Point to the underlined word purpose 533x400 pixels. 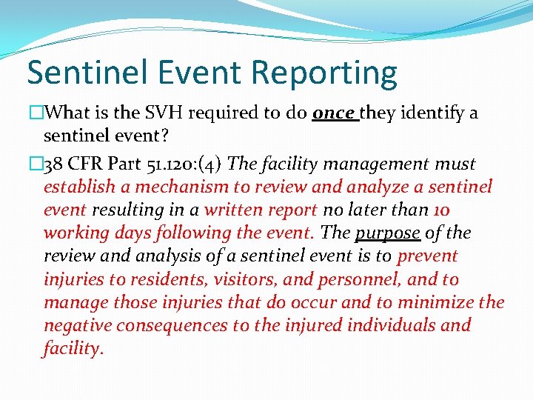click(x=388, y=233)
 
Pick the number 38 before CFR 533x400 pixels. click(x=57, y=163)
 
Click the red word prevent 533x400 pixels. click(x=428, y=256)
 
